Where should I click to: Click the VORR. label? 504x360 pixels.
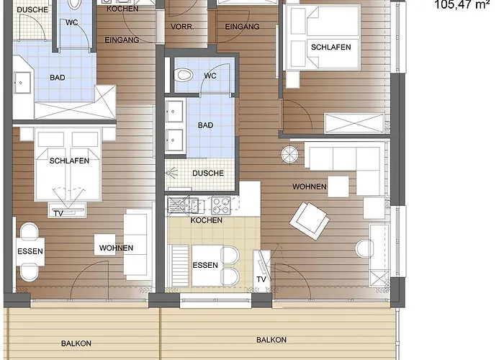click(x=182, y=27)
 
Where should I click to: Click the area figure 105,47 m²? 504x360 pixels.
click(x=462, y=5)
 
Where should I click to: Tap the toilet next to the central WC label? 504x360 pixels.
click(x=184, y=76)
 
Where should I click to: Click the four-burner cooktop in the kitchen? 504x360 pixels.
click(x=221, y=205)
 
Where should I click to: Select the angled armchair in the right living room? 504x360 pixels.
click(x=310, y=220)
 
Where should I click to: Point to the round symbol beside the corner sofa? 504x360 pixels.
click(x=290, y=155)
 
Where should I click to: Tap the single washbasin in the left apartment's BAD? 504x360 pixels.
click(x=22, y=83)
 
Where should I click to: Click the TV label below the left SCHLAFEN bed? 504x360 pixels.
click(x=58, y=213)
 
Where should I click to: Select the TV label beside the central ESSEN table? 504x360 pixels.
click(x=261, y=279)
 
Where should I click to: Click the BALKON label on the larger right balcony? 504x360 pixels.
click(x=271, y=340)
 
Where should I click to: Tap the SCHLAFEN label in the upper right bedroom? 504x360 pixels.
click(x=330, y=48)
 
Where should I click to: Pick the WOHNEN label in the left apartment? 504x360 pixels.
click(x=116, y=248)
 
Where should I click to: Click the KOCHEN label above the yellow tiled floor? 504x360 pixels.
click(x=207, y=220)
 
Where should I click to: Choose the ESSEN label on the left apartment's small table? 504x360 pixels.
click(x=30, y=251)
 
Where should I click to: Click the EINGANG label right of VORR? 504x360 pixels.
click(x=242, y=27)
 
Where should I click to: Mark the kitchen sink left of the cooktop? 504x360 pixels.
click(x=183, y=205)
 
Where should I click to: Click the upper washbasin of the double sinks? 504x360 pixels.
click(x=174, y=111)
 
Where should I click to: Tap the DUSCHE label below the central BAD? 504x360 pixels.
click(x=208, y=174)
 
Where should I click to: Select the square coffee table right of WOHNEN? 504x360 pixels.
click(x=338, y=186)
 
